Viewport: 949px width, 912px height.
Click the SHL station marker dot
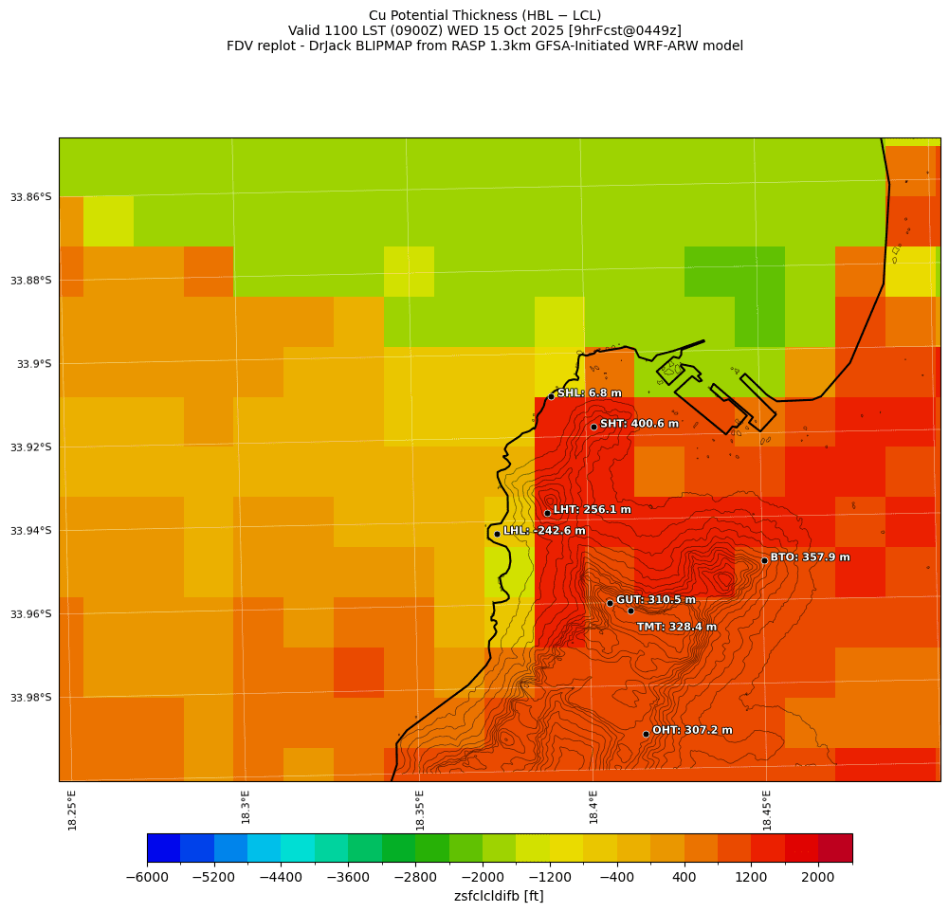coord(551,396)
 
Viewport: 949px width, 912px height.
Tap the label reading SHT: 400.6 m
coord(639,424)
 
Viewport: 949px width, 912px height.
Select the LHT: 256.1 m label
coord(592,510)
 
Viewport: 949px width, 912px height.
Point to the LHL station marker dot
coord(497,534)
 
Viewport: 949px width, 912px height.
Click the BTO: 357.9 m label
coord(810,557)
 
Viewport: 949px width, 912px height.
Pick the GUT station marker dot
coord(610,603)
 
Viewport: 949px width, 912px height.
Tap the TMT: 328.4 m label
coord(676,627)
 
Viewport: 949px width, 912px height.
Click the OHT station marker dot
coord(646,734)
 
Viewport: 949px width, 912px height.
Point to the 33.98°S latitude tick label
coord(31,698)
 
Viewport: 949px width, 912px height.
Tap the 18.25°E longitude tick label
coord(73,810)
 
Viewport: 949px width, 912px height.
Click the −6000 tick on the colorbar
coord(147,878)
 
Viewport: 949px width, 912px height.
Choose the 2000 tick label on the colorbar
coord(818,878)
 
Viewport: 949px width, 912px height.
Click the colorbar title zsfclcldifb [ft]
coord(499,896)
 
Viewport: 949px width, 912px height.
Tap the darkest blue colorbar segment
coord(163,848)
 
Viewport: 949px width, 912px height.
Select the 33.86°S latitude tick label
coord(31,197)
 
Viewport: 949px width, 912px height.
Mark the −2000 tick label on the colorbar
coord(483,878)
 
